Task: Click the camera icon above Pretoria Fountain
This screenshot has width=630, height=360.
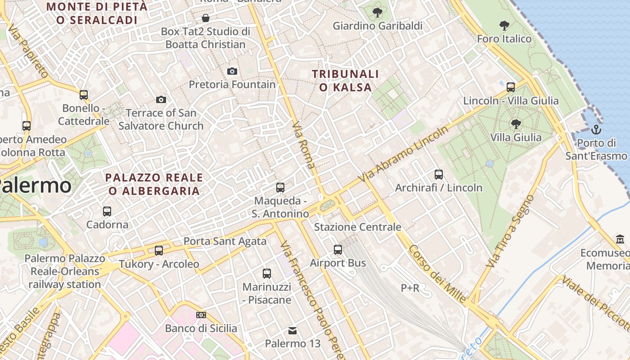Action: (232, 71)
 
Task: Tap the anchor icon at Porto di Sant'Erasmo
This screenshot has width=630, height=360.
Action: (596, 130)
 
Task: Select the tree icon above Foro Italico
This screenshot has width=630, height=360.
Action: (504, 26)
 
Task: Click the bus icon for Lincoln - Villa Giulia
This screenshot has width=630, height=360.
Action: (511, 87)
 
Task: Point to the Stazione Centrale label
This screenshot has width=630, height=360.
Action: (357, 227)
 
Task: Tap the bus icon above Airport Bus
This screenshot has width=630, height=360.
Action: (338, 249)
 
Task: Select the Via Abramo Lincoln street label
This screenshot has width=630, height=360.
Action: (404, 154)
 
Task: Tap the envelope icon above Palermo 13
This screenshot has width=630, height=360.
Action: (292, 331)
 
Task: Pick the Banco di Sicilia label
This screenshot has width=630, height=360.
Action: (201, 328)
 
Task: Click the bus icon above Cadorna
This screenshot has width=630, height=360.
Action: (107, 211)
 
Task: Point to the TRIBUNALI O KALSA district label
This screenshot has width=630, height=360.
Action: (346, 81)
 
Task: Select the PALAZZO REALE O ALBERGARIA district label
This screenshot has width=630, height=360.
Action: (154, 184)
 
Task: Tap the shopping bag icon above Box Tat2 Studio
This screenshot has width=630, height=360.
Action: (206, 18)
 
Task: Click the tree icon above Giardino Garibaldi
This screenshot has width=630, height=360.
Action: (377, 13)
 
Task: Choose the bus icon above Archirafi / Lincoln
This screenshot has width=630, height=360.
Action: (439, 174)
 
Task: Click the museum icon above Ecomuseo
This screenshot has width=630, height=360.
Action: (620, 239)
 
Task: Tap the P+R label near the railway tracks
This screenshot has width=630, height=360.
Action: (410, 288)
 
